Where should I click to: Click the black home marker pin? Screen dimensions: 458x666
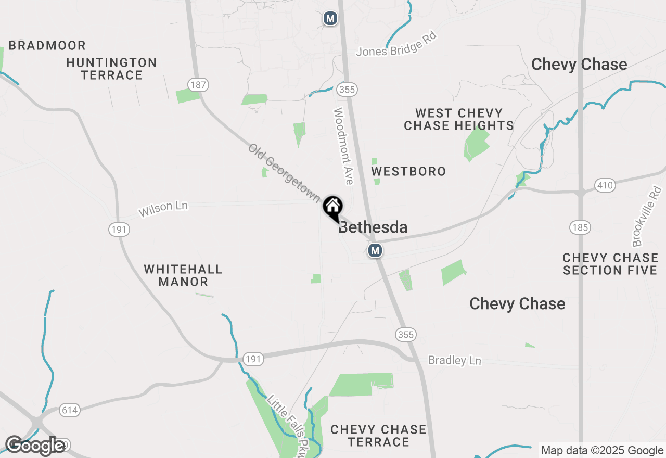[332, 207]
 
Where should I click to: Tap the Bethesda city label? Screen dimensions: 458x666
[373, 227]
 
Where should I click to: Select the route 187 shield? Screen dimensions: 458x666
[198, 84]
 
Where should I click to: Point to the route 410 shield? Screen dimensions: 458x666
[605, 185]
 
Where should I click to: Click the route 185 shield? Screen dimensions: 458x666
[579, 227]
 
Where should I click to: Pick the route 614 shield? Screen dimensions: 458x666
[69, 410]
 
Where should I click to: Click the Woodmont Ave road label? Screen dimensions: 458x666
[344, 146]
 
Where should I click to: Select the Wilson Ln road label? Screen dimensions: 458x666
[163, 209]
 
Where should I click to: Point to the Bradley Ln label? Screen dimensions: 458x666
[454, 360]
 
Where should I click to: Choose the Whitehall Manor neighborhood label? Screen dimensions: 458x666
[183, 275]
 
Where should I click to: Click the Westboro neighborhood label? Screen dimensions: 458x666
[408, 171]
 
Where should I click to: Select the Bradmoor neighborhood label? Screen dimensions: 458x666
[47, 45]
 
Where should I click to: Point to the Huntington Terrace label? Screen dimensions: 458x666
[112, 69]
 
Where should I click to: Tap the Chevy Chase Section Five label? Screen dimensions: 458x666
[610, 264]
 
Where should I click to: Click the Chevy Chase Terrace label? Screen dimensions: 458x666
[378, 436]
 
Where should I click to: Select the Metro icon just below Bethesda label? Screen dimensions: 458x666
[375, 251]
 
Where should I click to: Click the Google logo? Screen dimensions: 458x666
[35, 446]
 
